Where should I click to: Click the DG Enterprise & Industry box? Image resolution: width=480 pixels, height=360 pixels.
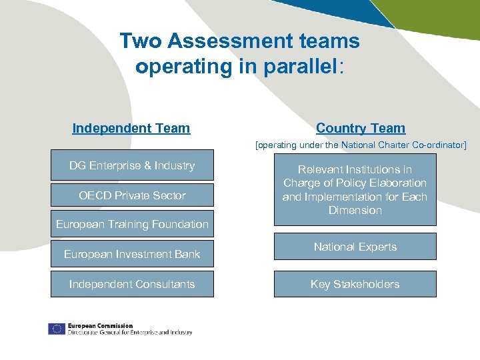coord(132,165)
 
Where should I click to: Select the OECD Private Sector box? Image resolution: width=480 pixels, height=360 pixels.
coord(132,195)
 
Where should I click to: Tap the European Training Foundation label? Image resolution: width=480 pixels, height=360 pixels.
coord(132,225)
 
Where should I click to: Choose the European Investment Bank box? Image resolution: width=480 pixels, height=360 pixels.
coord(132,254)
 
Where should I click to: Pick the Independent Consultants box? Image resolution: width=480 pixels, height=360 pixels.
coord(132,284)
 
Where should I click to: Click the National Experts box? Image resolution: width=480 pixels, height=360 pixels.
coord(355,247)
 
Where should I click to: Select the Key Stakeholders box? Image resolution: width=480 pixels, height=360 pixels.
coord(355,284)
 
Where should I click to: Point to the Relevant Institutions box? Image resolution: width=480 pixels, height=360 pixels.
coord(355,190)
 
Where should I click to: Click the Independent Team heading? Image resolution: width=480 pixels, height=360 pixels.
coord(131,128)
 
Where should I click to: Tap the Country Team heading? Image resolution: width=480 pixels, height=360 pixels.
coord(361,128)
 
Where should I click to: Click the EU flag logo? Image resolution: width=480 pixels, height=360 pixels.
coord(56,329)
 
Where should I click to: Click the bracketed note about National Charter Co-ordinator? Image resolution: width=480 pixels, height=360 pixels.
coord(361,145)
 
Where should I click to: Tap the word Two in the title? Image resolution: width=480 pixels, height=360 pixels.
coord(141,41)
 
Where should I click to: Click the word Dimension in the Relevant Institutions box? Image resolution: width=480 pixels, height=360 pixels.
coord(355,211)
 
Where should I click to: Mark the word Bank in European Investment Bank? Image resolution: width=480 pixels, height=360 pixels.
coord(187,254)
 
